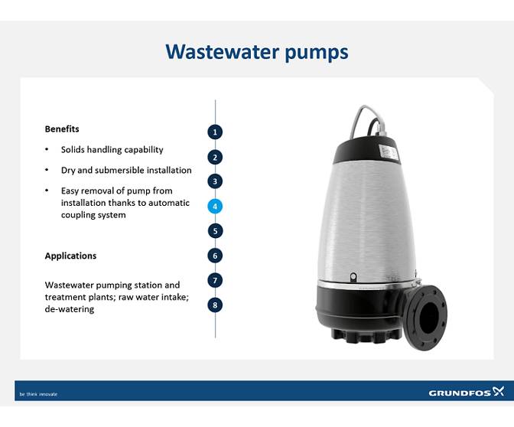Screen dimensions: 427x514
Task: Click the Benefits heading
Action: pyautogui.click(x=62, y=129)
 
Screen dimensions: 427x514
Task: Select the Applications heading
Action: pyautogui.click(x=70, y=256)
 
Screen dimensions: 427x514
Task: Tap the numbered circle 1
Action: pyautogui.click(x=216, y=132)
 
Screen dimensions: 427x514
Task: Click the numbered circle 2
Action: pyautogui.click(x=216, y=157)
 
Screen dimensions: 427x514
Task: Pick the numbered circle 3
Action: pyautogui.click(x=216, y=181)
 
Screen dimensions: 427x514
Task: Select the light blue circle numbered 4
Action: pyautogui.click(x=216, y=206)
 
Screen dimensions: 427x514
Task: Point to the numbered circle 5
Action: pyautogui.click(x=216, y=230)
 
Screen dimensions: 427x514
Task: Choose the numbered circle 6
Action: pyautogui.click(x=216, y=256)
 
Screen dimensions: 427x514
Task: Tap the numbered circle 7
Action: pyautogui.click(x=216, y=280)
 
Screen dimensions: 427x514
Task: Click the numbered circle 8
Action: pyautogui.click(x=216, y=305)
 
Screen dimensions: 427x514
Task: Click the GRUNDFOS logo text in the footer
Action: pyautogui.click(x=460, y=393)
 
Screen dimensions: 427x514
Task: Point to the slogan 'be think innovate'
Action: pyautogui.click(x=38, y=394)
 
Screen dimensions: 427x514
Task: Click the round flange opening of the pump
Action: pyautogui.click(x=428, y=315)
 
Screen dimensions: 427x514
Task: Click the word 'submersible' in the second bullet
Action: pyautogui.click(x=128, y=170)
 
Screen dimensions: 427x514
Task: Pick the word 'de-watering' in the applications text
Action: pyautogui.click(x=69, y=309)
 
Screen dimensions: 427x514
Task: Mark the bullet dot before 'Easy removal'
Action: pyautogui.click(x=47, y=191)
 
